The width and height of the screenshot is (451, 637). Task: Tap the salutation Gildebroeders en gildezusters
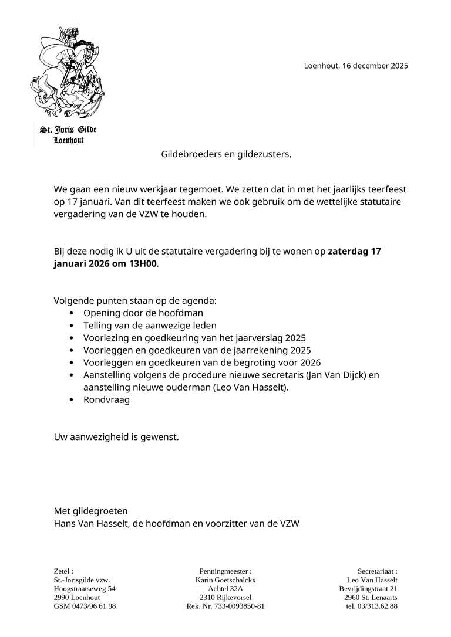click(226, 154)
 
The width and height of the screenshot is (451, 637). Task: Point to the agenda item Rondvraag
click(106, 399)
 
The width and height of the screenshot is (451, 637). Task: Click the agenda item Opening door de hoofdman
click(143, 313)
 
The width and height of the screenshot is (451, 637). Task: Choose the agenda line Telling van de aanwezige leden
click(150, 326)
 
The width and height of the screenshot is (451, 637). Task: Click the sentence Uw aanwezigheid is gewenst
click(116, 437)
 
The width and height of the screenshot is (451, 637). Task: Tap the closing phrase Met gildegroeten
click(90, 511)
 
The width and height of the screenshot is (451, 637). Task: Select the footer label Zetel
click(63, 571)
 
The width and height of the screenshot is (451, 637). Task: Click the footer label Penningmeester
click(225, 571)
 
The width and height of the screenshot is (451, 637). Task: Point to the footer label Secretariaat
click(377, 571)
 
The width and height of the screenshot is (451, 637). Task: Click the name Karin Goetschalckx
click(225, 580)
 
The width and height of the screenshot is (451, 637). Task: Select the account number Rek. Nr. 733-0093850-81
click(225, 606)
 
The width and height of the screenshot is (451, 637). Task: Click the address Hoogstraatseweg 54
click(85, 588)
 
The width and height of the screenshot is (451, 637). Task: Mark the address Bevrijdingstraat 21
click(368, 588)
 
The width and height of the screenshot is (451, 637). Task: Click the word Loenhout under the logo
click(68, 140)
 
